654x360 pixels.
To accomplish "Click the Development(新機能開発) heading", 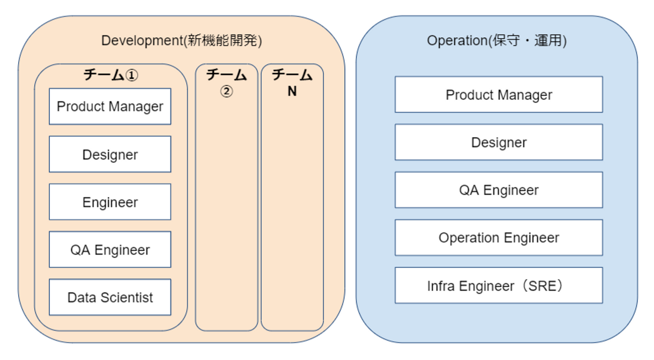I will (181, 41).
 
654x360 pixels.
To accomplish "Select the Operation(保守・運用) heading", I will (496, 41).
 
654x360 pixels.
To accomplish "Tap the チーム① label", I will (110, 75).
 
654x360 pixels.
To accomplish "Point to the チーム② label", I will (226, 83).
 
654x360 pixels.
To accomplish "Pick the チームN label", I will (292, 83).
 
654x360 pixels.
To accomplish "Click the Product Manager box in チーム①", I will (110, 107).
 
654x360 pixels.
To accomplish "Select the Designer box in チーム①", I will (110, 154).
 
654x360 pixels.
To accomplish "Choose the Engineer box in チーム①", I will (110, 202).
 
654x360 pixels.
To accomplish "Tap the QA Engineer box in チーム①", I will (110, 250).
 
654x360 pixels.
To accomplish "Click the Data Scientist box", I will (110, 297).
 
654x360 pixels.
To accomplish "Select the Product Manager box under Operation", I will (499, 94).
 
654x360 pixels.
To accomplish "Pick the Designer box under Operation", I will (499, 142).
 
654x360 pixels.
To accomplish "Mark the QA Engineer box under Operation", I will (499, 190).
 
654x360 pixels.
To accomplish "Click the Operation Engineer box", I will (499, 237).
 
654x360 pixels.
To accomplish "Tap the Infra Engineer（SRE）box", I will (499, 286).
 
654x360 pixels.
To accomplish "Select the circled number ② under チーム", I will (226, 92).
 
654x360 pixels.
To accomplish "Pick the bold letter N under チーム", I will (292, 91).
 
